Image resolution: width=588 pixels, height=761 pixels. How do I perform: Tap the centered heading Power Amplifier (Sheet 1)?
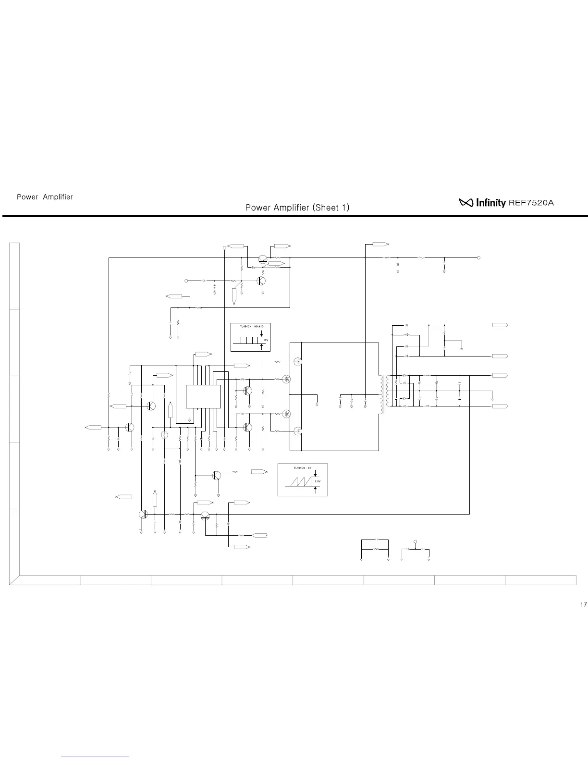(x=297, y=208)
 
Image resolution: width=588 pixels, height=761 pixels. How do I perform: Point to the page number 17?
(x=583, y=604)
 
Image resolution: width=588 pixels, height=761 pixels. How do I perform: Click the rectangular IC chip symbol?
(x=203, y=396)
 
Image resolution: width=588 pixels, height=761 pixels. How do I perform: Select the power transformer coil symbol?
(x=383, y=394)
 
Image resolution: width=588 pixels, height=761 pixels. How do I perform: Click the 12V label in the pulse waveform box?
(x=266, y=340)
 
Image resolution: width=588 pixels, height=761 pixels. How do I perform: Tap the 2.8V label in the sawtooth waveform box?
(x=318, y=480)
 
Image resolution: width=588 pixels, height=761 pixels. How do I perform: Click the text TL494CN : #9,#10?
(x=250, y=326)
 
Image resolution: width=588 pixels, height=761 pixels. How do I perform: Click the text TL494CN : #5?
(x=303, y=467)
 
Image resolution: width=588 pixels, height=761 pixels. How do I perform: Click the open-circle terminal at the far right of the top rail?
(x=479, y=258)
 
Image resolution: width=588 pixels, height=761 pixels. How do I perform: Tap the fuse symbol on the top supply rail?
(x=421, y=258)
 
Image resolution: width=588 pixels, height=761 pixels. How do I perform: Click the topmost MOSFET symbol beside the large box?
(x=298, y=362)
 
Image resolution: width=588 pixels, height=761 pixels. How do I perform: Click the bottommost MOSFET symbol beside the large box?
(x=298, y=431)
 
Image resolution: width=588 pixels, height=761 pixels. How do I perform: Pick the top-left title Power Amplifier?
(x=45, y=197)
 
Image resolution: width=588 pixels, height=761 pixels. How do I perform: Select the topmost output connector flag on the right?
(x=500, y=325)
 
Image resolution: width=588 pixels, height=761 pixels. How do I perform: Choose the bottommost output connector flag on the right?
(x=500, y=406)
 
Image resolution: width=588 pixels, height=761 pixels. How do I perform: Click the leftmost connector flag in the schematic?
(x=94, y=427)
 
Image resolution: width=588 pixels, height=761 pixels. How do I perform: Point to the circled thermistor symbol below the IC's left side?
(x=164, y=435)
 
